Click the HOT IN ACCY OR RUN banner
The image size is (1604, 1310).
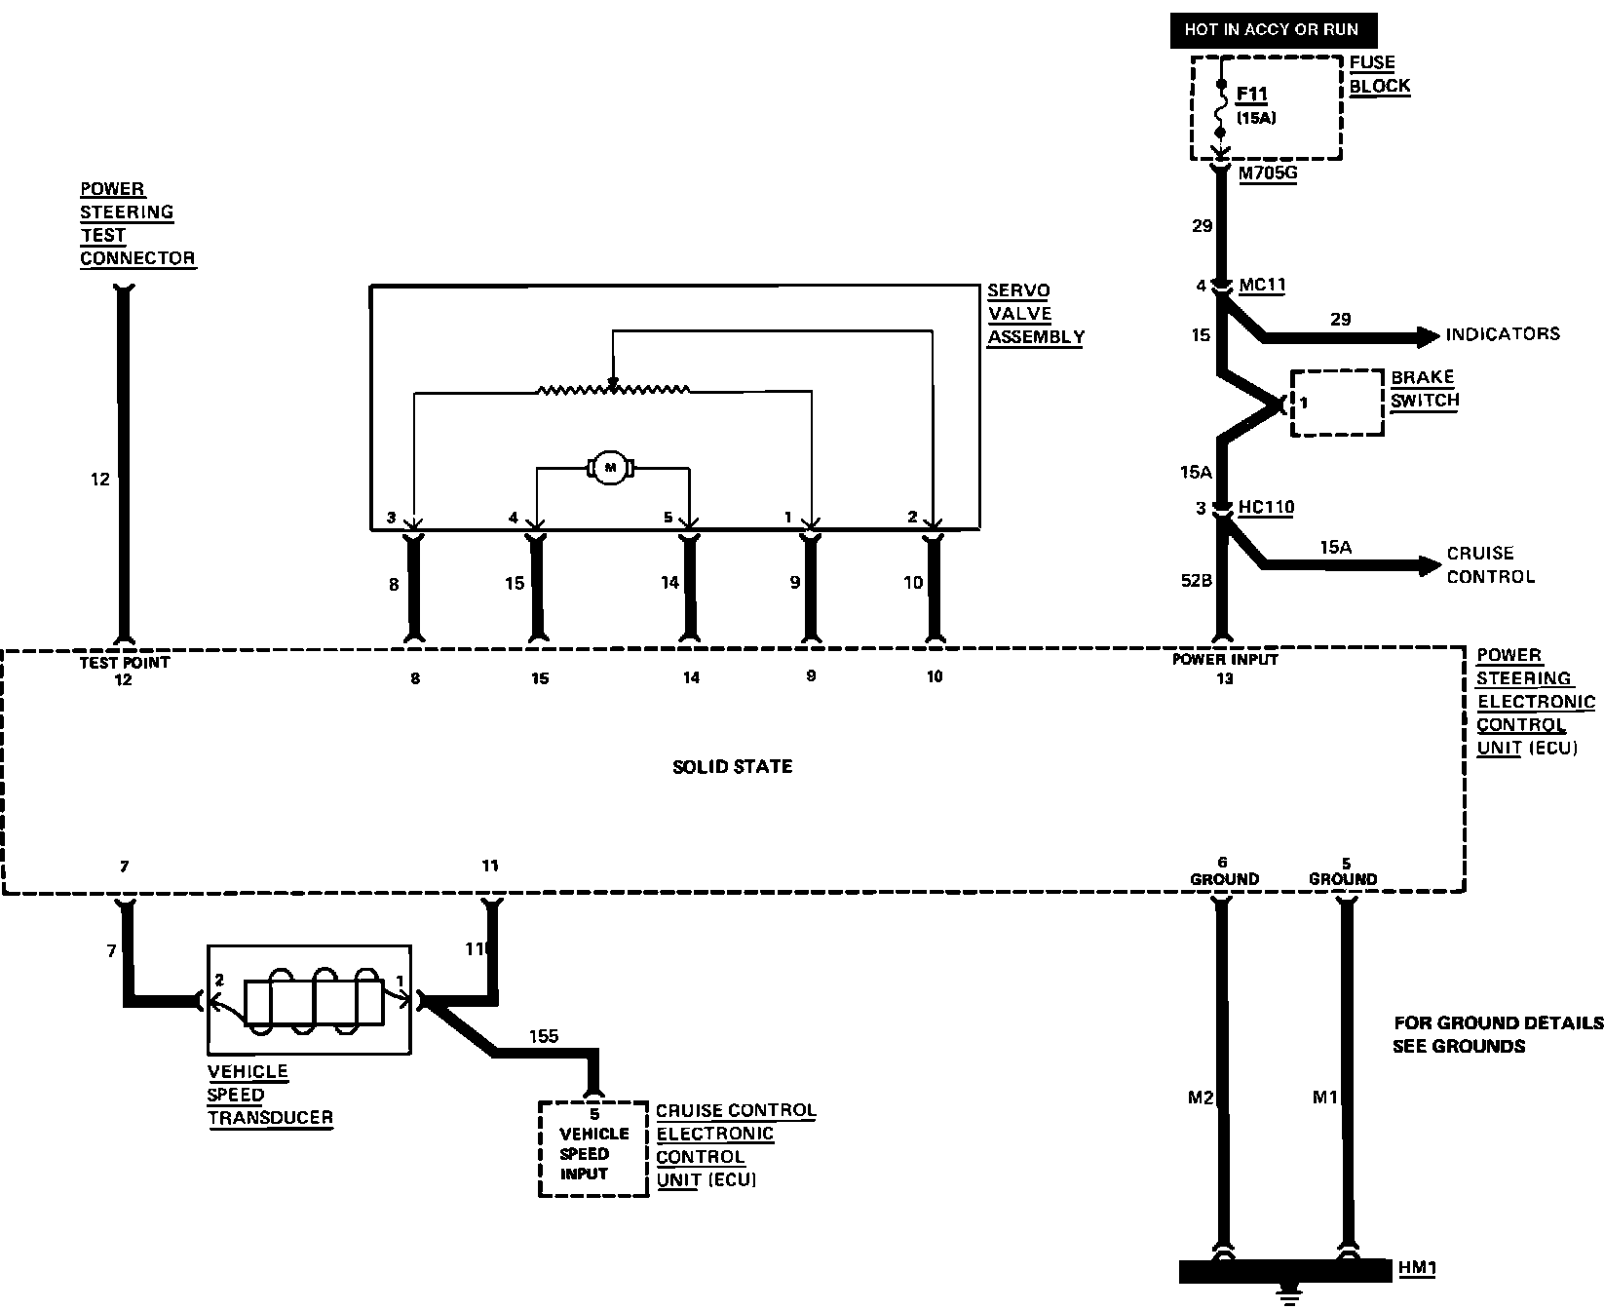pyautogui.click(x=1271, y=30)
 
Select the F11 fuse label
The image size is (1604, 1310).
pyautogui.click(x=1252, y=96)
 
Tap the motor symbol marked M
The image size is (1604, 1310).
pyautogui.click(x=610, y=469)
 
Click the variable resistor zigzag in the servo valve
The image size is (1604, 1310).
pyautogui.click(x=614, y=390)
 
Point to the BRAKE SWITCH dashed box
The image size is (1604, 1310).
pyautogui.click(x=1337, y=402)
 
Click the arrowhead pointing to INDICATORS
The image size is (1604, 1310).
pyautogui.click(x=1429, y=336)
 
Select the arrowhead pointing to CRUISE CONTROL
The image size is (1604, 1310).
pyautogui.click(x=1430, y=564)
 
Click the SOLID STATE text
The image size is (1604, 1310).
pyautogui.click(x=732, y=767)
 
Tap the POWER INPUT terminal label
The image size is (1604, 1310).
pyautogui.click(x=1225, y=660)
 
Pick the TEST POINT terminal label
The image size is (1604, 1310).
pyautogui.click(x=124, y=663)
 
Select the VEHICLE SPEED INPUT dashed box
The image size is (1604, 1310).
pyautogui.click(x=593, y=1148)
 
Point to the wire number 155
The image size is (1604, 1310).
pyautogui.click(x=544, y=1036)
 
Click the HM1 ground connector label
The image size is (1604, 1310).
pyautogui.click(x=1417, y=1269)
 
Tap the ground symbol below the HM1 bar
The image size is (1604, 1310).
pyautogui.click(x=1287, y=1297)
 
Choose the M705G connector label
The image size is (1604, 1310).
pyautogui.click(x=1268, y=173)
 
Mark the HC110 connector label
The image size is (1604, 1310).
pyautogui.click(x=1266, y=508)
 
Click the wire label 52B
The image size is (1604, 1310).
pyautogui.click(x=1196, y=581)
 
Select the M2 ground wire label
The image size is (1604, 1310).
pyautogui.click(x=1201, y=1098)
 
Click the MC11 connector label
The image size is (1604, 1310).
pyautogui.click(x=1262, y=286)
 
